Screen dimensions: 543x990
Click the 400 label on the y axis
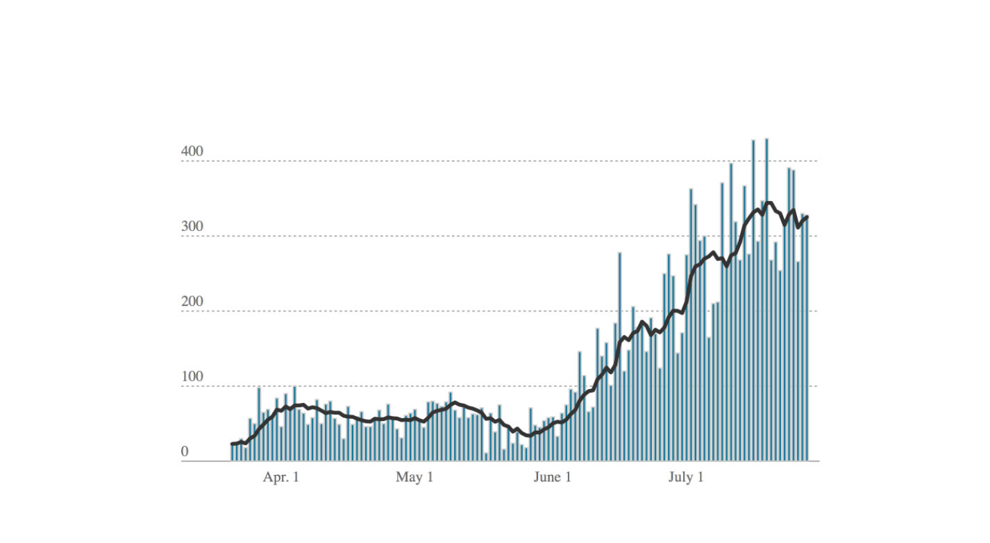(x=193, y=152)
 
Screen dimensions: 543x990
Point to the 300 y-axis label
(x=193, y=227)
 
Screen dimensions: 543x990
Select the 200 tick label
(x=193, y=302)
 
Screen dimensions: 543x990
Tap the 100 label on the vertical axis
(x=193, y=377)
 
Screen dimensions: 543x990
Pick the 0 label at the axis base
(x=185, y=451)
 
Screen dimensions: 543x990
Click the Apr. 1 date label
(x=280, y=478)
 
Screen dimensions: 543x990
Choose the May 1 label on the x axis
(x=414, y=478)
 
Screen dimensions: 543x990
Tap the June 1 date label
(x=553, y=478)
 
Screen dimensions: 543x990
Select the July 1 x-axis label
(x=686, y=478)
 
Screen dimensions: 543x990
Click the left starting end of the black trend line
(x=233, y=444)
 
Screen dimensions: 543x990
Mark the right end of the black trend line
(x=807, y=217)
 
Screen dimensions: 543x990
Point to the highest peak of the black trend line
(x=767, y=202)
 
